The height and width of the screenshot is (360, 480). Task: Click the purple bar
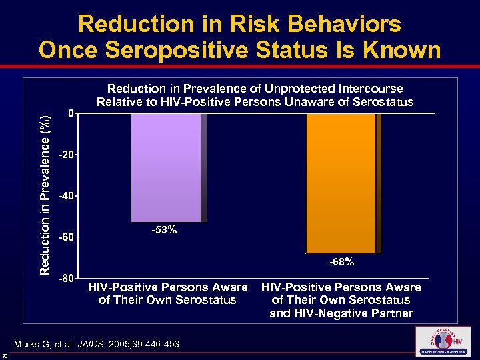(165, 167)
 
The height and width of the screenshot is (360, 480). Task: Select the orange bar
(341, 183)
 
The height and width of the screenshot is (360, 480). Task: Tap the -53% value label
(163, 230)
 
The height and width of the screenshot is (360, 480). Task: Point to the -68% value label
(341, 262)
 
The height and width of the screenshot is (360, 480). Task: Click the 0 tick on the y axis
(70, 114)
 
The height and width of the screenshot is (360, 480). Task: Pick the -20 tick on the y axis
(66, 155)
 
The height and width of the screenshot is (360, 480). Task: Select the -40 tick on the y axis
(66, 197)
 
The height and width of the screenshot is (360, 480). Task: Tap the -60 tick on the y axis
(66, 238)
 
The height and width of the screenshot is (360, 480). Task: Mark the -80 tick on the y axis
(66, 278)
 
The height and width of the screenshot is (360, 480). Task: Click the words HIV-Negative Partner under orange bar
(341, 313)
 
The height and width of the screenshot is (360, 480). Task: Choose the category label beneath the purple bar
(167, 293)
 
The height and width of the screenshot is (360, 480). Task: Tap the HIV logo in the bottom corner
(442, 341)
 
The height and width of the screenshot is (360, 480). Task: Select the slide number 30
(5, 355)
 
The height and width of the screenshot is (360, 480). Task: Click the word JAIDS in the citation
(105, 344)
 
